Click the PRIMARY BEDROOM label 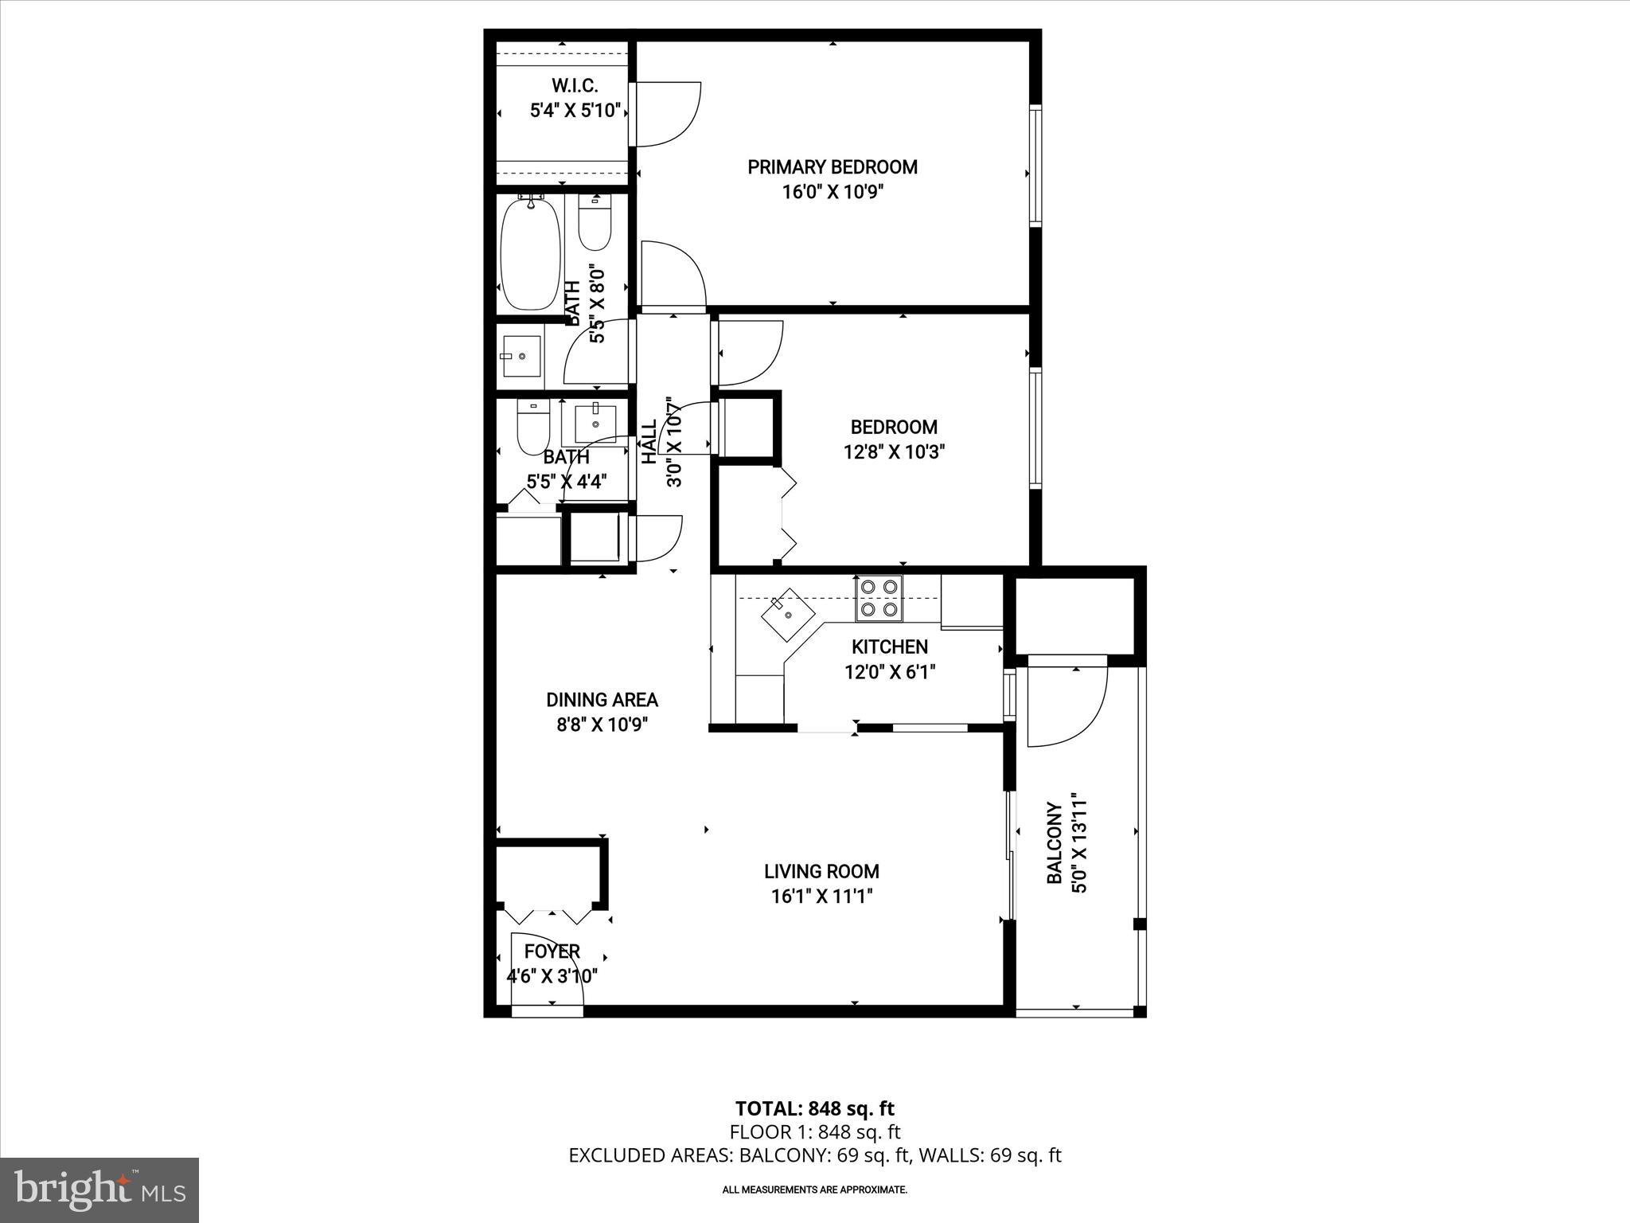tap(832, 167)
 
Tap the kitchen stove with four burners tap(879, 599)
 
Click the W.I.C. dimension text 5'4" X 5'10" tap(575, 111)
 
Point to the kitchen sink tap(786, 615)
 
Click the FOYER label tap(552, 951)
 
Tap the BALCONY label tap(1055, 843)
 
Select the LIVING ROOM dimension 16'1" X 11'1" tap(822, 897)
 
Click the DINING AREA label tap(602, 700)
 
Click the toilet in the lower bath tap(533, 428)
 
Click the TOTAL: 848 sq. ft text tap(814, 1108)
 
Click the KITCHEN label tap(889, 647)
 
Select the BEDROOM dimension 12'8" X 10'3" tap(894, 452)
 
